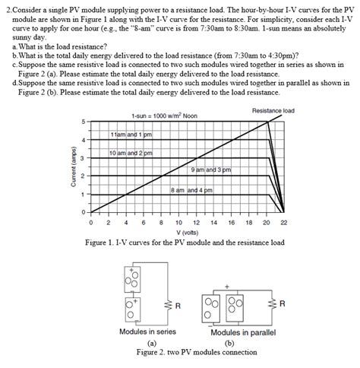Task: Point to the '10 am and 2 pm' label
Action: tap(131, 152)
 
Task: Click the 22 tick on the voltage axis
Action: tap(283, 223)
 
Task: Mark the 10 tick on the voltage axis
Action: tap(178, 223)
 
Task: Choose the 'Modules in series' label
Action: tap(147, 332)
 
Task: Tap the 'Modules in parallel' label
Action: tap(243, 332)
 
